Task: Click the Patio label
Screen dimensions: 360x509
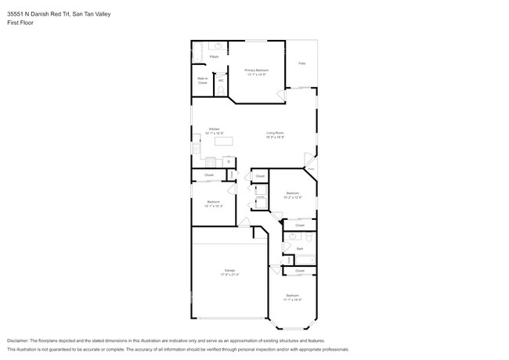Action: pos(301,63)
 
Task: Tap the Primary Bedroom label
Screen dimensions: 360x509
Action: pos(256,70)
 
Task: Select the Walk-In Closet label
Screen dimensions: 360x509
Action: pos(202,80)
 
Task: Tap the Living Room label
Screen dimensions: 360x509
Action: pos(274,134)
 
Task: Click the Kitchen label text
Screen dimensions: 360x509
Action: pos(214,129)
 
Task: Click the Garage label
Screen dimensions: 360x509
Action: pos(230,270)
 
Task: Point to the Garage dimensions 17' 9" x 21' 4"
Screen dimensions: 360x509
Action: pos(230,275)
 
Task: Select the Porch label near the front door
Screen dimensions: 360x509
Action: pos(310,169)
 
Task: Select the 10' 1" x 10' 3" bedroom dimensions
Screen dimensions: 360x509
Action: pos(214,206)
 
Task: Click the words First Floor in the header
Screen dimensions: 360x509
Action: pos(20,23)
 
